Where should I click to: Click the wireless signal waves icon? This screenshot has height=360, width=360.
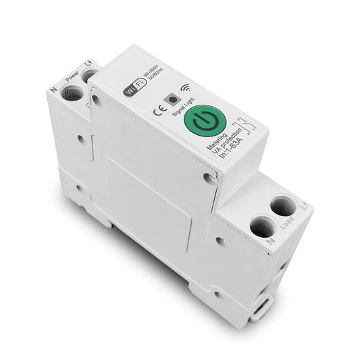click(x=185, y=86)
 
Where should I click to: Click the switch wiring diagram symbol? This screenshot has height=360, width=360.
click(x=245, y=127)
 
